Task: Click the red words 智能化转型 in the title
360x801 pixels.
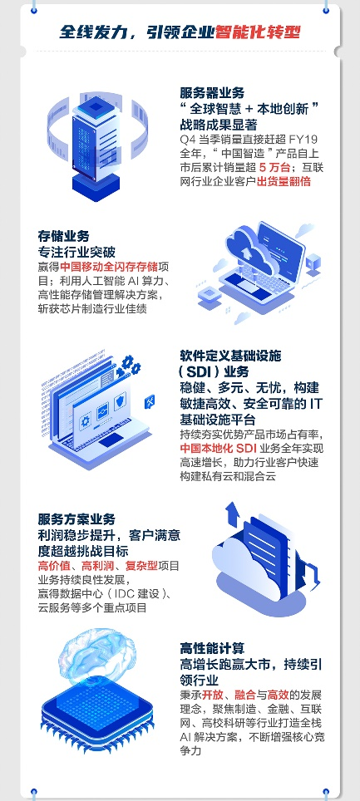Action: [x=257, y=32]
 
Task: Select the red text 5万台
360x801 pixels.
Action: [x=274, y=168]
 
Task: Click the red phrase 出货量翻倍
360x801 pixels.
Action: [x=284, y=181]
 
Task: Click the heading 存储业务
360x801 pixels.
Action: [x=63, y=236]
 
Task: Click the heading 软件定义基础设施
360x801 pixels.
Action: [x=230, y=356]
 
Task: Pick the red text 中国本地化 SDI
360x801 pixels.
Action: [x=219, y=449]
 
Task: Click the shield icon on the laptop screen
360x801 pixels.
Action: [x=121, y=403]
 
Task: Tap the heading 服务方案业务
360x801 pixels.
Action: [x=76, y=519]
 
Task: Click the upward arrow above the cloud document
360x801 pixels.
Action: [x=233, y=514]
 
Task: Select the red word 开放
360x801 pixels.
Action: [x=212, y=695]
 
